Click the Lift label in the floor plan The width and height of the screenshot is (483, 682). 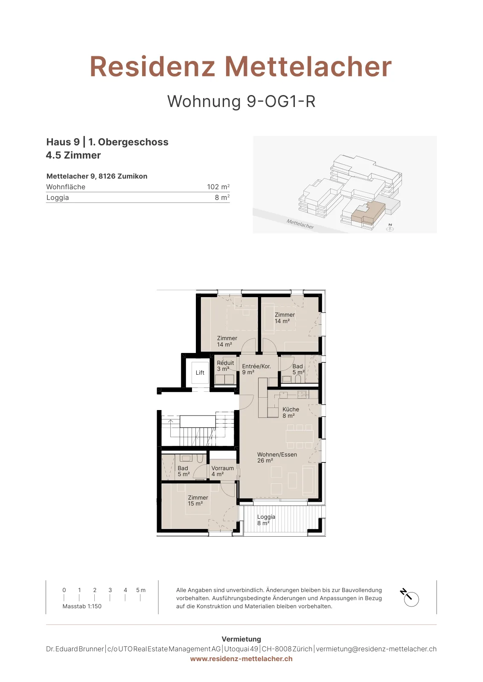pyautogui.click(x=200, y=373)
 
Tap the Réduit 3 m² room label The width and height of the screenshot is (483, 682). pyautogui.click(x=225, y=366)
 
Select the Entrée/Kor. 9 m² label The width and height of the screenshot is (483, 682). pyautogui.click(x=256, y=369)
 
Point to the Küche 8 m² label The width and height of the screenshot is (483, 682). pyautogui.click(x=291, y=413)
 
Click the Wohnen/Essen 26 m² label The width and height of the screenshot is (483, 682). pyautogui.click(x=276, y=457)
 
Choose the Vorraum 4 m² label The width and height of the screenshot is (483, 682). pyautogui.click(x=222, y=471)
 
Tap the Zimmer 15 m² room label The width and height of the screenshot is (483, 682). pyautogui.click(x=198, y=500)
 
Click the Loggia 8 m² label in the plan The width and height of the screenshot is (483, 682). pyautogui.click(x=266, y=520)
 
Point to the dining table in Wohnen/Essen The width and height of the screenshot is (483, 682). pyautogui.click(x=300, y=436)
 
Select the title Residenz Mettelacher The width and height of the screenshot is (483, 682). pyautogui.click(x=241, y=66)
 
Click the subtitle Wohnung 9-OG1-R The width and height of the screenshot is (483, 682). pyautogui.click(x=241, y=101)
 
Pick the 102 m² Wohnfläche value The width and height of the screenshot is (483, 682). pyautogui.click(x=218, y=187)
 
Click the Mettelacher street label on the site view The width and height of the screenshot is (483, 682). pyautogui.click(x=300, y=224)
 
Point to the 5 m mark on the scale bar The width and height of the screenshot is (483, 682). pyautogui.click(x=140, y=590)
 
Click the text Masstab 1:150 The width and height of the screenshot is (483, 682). pyautogui.click(x=82, y=606)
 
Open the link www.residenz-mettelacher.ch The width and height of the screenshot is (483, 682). pyautogui.click(x=241, y=659)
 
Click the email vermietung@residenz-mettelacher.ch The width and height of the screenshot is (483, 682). pyautogui.click(x=376, y=649)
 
